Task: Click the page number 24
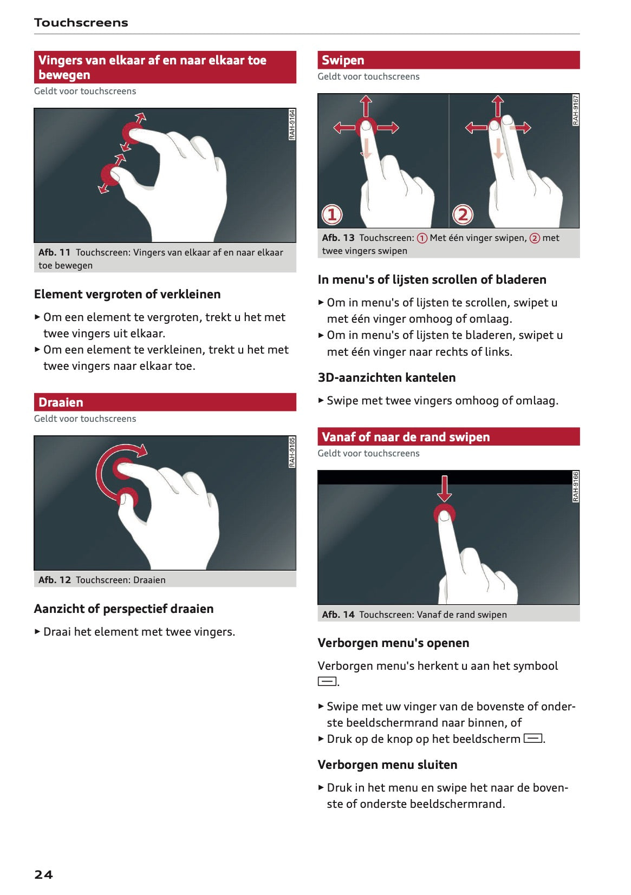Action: (x=43, y=874)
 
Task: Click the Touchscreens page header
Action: (x=81, y=23)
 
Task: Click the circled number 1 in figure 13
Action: (x=332, y=215)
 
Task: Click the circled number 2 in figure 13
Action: (x=463, y=215)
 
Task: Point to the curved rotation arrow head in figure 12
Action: (x=142, y=450)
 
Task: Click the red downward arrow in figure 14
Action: (x=444, y=488)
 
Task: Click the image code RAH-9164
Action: (x=292, y=125)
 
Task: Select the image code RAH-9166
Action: (x=576, y=486)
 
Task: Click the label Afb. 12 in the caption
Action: (x=55, y=580)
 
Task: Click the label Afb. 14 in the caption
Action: (x=338, y=615)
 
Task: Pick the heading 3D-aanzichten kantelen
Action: (x=386, y=377)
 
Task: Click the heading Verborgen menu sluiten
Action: (x=387, y=765)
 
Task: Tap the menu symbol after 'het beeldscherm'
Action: (x=533, y=739)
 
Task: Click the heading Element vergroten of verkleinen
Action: (x=127, y=294)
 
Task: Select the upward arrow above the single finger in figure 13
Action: (x=366, y=104)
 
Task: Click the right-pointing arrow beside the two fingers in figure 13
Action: (x=521, y=128)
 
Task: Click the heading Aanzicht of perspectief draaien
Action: (x=123, y=609)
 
